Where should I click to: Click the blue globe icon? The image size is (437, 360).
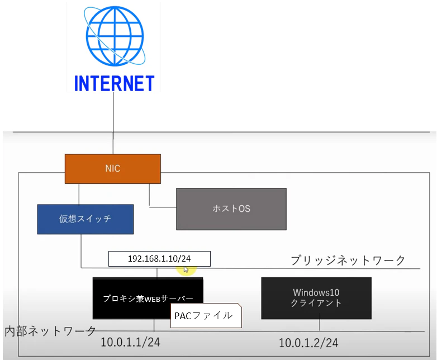coord(114,36)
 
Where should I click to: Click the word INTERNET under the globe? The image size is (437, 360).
coord(114,83)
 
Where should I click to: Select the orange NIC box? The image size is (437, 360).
coord(112,169)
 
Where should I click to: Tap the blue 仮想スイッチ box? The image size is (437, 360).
coord(85,219)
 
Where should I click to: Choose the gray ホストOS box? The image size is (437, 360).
coord(231,209)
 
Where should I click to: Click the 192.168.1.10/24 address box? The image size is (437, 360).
coord(159,259)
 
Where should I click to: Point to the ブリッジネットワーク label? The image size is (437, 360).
coord(348,260)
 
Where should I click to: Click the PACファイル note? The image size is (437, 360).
coord(206,315)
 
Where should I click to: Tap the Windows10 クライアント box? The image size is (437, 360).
coord(316,298)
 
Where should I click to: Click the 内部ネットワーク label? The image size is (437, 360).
coord(50,331)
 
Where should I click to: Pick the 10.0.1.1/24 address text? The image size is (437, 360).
coord(130,342)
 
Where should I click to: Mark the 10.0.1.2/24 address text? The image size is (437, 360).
coord(308,343)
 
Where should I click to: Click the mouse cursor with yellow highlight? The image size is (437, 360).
coord(186,269)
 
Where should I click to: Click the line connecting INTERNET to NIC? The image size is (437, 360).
coord(113,123)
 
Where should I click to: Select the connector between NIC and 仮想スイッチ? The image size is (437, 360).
coord(79,194)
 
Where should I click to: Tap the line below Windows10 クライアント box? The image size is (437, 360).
coord(320,325)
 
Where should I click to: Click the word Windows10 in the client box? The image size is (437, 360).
coord(316,292)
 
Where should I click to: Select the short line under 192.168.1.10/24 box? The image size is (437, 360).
coord(157,272)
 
